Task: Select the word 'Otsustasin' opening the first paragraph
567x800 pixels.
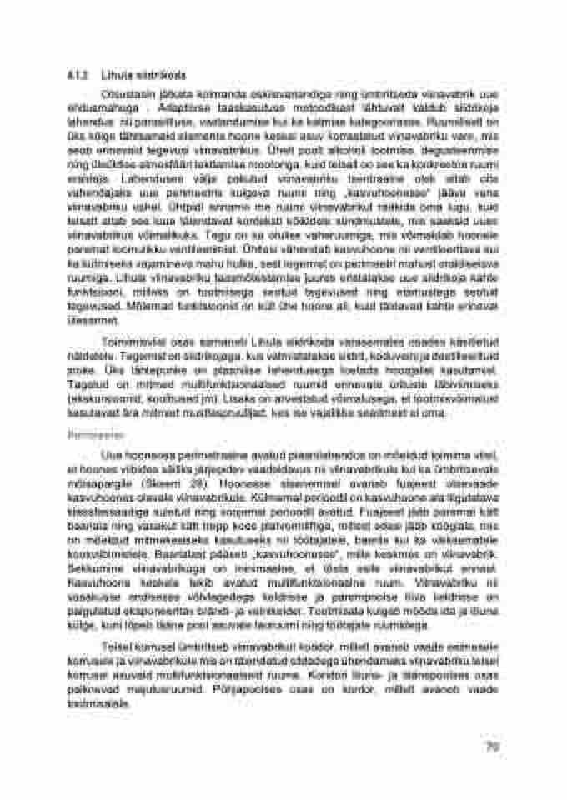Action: (119, 92)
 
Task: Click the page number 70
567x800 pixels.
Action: (493, 747)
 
